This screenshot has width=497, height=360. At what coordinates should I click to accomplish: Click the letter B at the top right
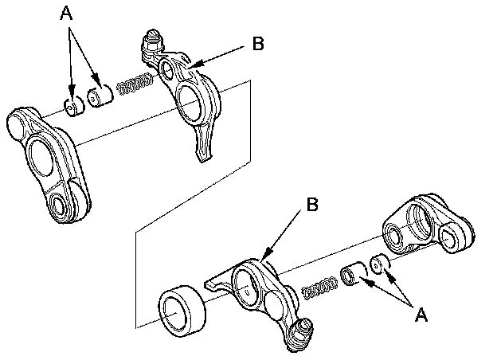(x=256, y=44)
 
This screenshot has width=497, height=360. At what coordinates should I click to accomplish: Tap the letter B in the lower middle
(x=313, y=204)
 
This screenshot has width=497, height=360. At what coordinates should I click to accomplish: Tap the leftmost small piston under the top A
(x=73, y=107)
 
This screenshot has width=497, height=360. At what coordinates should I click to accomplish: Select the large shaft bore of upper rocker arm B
(x=193, y=104)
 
